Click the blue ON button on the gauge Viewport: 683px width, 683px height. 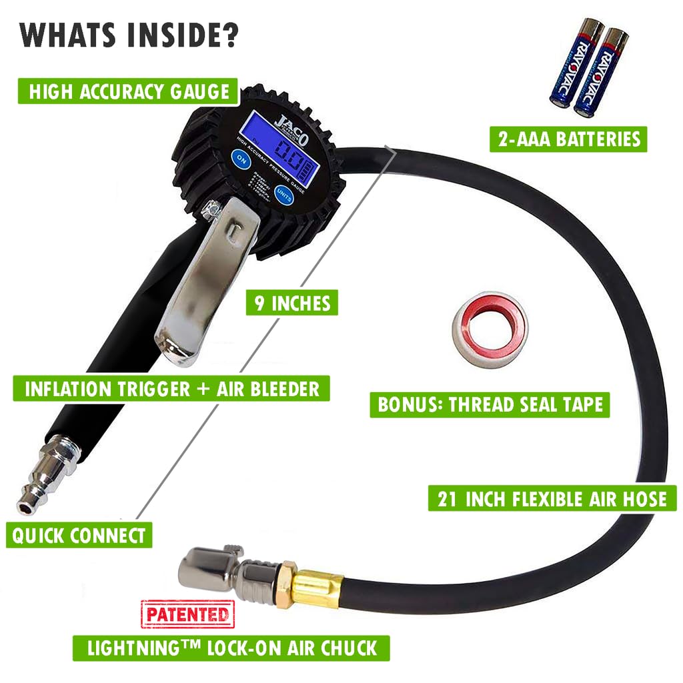(x=239, y=159)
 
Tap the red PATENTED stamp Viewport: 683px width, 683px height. (x=187, y=614)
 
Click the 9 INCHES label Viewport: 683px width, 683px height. (x=292, y=303)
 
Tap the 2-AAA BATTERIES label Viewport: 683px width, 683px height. (x=569, y=139)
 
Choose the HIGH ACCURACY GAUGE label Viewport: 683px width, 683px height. (x=127, y=91)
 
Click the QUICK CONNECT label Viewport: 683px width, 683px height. (x=79, y=535)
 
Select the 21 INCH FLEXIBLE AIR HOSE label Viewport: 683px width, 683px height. (x=552, y=498)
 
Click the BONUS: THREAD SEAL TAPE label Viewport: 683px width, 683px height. (x=490, y=405)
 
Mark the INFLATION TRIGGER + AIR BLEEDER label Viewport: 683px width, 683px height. (x=172, y=389)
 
